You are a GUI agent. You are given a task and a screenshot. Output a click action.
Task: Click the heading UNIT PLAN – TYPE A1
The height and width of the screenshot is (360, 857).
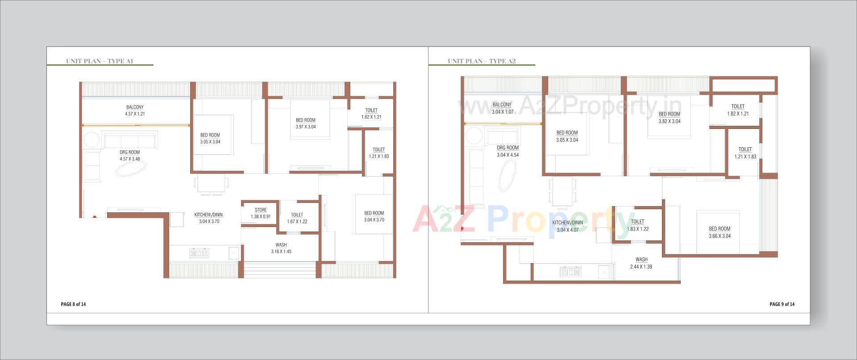pyautogui.click(x=100, y=61)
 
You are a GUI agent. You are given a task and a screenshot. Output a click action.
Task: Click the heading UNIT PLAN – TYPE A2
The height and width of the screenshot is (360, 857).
pyautogui.click(x=482, y=61)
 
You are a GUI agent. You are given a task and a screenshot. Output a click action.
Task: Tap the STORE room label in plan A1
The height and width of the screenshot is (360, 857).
pyautogui.click(x=261, y=213)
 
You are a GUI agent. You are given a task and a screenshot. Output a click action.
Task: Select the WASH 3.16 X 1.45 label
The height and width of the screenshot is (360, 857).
pyautogui.click(x=281, y=248)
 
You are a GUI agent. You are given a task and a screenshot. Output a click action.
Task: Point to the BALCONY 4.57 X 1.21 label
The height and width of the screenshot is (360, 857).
pyautogui.click(x=135, y=110)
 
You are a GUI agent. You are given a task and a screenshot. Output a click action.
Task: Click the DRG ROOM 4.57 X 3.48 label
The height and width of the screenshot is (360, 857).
pyautogui.click(x=130, y=155)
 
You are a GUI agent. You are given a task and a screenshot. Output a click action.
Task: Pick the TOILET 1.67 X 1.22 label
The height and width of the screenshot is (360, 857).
pyautogui.click(x=297, y=218)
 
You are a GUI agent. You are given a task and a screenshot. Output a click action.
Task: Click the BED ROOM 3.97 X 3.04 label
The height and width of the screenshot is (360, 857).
pyautogui.click(x=306, y=123)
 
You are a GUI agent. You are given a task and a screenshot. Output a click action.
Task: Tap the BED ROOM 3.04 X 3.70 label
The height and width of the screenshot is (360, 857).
pyautogui.click(x=374, y=216)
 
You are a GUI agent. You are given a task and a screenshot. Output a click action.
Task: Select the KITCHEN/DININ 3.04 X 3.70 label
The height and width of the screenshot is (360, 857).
pyautogui.click(x=209, y=218)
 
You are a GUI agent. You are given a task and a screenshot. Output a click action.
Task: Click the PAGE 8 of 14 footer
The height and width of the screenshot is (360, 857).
pyautogui.click(x=73, y=304)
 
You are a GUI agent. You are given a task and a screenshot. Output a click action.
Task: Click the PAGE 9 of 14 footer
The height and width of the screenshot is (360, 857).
pyautogui.click(x=782, y=304)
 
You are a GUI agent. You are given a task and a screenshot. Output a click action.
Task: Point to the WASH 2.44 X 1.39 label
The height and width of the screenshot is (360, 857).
pyautogui.click(x=641, y=263)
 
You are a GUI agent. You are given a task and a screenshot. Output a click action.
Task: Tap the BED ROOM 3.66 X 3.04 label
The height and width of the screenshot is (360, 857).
pyautogui.click(x=720, y=232)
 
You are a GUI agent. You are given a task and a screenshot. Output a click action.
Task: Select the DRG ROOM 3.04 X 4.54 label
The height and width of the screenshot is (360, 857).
pyautogui.click(x=508, y=151)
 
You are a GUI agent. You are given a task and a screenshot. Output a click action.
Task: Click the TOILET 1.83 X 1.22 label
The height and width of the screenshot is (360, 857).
pyautogui.click(x=637, y=225)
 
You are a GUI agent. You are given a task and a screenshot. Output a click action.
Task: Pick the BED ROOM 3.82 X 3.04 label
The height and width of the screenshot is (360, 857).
pyautogui.click(x=670, y=117)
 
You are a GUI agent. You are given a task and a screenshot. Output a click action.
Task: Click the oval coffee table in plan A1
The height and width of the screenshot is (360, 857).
pyautogui.click(x=131, y=169)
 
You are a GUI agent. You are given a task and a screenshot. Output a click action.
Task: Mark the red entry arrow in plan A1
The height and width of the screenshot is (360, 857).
pyautogui.click(x=95, y=217)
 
